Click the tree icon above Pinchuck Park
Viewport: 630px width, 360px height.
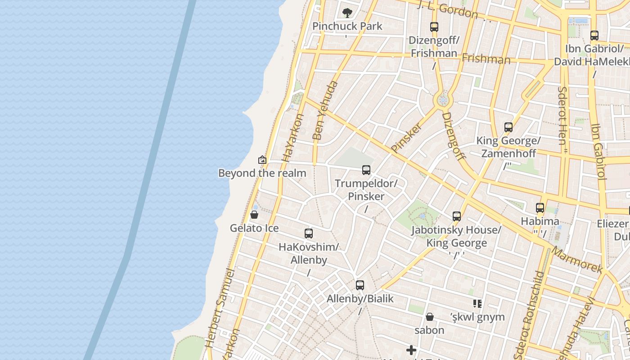[x=347, y=13]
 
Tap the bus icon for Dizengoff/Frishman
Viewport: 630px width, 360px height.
[x=434, y=27]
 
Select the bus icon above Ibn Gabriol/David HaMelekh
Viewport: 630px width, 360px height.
[x=594, y=35]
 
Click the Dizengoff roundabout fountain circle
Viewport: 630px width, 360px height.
[x=443, y=100]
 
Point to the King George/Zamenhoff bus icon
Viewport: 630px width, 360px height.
[x=508, y=127]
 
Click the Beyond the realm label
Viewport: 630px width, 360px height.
[x=262, y=173]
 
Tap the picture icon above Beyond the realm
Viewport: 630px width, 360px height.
[x=262, y=160]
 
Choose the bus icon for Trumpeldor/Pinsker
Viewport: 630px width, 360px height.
[x=366, y=170]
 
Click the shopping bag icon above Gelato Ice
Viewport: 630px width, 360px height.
[x=254, y=215]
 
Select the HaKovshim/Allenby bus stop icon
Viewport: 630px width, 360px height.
[x=309, y=234]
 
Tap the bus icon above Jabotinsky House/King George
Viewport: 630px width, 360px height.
[x=457, y=216]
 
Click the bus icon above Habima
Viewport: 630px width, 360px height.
[x=540, y=208]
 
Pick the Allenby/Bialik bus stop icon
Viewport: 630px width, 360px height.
[x=360, y=285]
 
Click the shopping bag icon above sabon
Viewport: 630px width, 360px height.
[x=430, y=317]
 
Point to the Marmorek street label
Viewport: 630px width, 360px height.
[x=577, y=260]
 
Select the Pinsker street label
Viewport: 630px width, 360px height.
[x=407, y=137]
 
